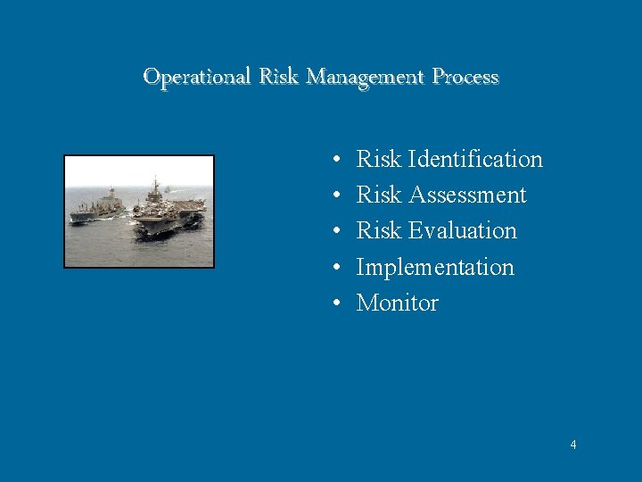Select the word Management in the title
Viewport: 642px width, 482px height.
(366, 77)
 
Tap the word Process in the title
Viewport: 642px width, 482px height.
(465, 77)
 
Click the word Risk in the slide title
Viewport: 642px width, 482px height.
(280, 77)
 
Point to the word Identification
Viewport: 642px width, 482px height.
(474, 160)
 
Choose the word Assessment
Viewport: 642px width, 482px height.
(466, 195)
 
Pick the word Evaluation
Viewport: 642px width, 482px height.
(462, 231)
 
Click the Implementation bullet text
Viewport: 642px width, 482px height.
(435, 267)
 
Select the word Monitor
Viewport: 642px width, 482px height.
(398, 303)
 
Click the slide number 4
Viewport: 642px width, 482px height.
(573, 445)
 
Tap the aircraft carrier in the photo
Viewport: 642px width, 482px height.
(169, 214)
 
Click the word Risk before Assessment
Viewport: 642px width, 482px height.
(379, 195)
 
